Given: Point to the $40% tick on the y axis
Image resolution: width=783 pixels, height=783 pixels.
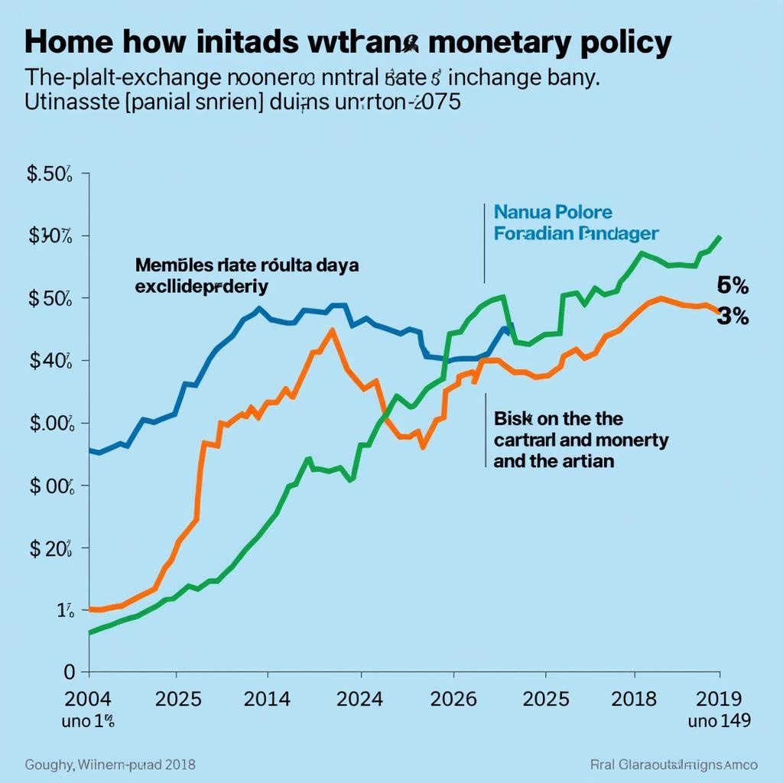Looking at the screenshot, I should tap(50, 360).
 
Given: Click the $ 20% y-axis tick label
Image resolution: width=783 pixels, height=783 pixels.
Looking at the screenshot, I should tap(50, 547).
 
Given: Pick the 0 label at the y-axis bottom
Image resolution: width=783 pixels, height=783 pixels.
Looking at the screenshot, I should tap(70, 671).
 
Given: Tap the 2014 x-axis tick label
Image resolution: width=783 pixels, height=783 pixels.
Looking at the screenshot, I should tap(266, 699).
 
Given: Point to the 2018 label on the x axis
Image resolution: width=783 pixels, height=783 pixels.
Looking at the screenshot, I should tap(635, 699).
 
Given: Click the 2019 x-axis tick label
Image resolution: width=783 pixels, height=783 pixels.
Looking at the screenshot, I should tap(720, 699).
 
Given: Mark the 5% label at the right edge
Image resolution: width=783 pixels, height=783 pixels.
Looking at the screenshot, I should tap(733, 287).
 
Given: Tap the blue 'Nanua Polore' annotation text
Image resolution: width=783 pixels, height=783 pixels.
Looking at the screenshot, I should tap(553, 212).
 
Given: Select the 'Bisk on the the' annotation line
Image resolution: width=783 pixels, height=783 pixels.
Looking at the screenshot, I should tap(558, 418).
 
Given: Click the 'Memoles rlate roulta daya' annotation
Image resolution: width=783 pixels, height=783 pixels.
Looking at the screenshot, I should tap(246, 265).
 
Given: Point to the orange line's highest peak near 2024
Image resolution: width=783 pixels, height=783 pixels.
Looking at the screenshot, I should tap(331, 330).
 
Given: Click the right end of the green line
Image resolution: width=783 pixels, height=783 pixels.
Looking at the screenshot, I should tap(720, 237).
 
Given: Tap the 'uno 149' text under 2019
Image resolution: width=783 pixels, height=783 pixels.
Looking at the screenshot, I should tap(719, 720).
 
